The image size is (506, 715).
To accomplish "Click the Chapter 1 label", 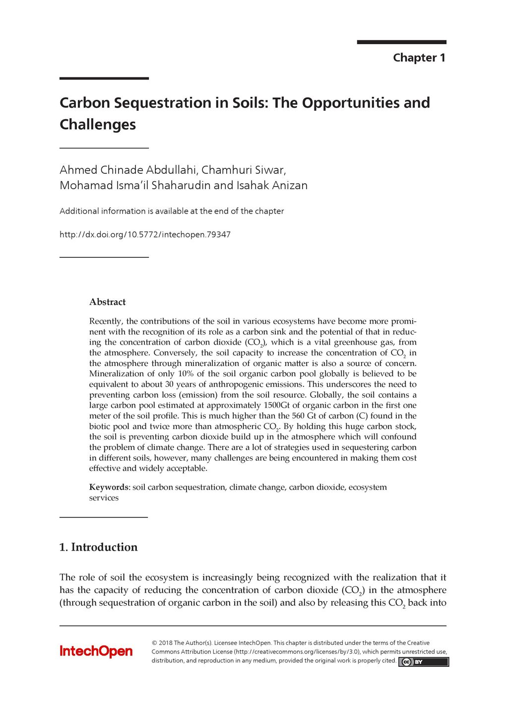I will [419, 58].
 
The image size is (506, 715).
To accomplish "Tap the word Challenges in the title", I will [98, 124].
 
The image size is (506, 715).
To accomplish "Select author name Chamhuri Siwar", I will [243, 170].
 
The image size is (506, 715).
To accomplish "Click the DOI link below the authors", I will [145, 234].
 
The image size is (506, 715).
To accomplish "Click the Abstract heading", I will [107, 302].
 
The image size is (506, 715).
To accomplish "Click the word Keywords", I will [109, 487].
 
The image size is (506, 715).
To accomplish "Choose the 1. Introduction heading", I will [98, 547].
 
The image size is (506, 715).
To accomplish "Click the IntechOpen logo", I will [96, 651].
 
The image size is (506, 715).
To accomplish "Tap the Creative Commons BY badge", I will [423, 661].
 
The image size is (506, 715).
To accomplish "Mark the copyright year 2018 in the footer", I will [165, 643].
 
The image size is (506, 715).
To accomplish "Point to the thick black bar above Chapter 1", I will [401, 42].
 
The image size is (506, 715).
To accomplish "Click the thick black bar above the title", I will [104, 78].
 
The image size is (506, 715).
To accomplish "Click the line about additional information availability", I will [172, 211].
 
